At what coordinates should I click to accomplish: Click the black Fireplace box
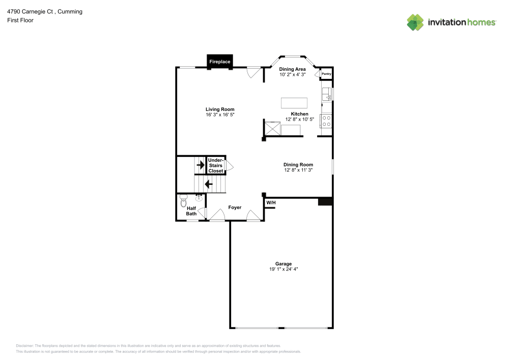(220, 61)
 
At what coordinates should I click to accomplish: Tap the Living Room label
(220, 109)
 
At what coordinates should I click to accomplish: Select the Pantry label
(326, 74)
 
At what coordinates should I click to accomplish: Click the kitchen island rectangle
(294, 102)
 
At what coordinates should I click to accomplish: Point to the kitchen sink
(327, 94)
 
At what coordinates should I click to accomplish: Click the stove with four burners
(326, 121)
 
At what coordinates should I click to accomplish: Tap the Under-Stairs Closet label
(215, 165)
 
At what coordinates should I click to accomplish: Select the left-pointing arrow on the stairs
(208, 184)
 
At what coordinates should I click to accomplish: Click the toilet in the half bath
(184, 202)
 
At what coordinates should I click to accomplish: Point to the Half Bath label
(191, 211)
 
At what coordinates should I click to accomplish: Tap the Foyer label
(235, 207)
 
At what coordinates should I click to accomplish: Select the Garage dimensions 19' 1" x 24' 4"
(284, 269)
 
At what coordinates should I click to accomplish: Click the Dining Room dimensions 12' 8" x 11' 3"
(298, 170)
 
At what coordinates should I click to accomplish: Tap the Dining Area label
(292, 69)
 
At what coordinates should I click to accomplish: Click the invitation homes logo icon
(415, 22)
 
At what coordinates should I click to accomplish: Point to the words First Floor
(20, 20)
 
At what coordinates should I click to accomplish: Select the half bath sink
(199, 198)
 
